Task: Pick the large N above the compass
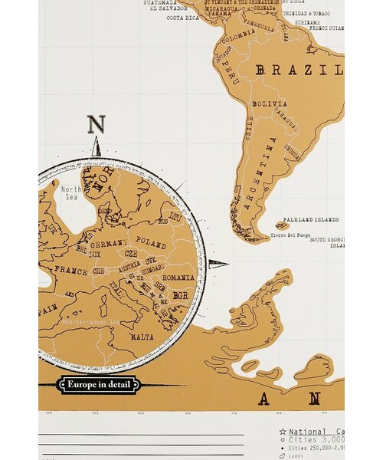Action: coord(96,125)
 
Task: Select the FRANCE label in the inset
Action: coord(72,271)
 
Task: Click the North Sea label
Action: coord(71,193)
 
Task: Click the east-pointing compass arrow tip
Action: coord(228,265)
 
